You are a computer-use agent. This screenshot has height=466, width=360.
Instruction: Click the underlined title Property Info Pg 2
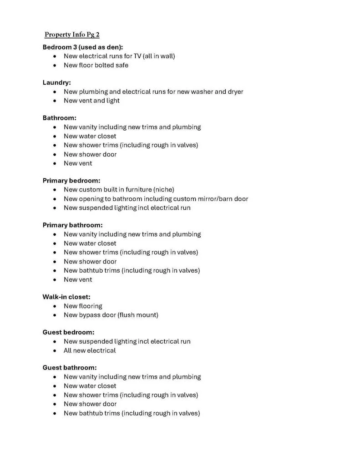click(72, 35)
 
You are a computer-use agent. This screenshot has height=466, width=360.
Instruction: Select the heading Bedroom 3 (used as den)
click(83, 47)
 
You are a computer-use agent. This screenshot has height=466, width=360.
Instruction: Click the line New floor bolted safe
click(96, 65)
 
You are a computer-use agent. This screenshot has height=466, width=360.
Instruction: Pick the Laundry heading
click(56, 82)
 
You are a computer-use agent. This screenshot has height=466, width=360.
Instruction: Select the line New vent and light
click(91, 101)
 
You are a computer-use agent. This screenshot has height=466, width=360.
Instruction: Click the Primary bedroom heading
click(71, 181)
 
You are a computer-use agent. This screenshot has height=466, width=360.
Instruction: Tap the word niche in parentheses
click(163, 190)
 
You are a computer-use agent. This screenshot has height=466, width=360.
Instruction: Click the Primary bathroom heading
click(72, 225)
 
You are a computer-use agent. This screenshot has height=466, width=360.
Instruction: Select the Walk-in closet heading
click(66, 297)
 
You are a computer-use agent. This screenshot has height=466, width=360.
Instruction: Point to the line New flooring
click(83, 306)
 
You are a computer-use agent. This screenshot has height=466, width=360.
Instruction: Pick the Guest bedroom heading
click(68, 332)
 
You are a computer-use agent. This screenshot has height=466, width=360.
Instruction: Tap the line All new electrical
click(90, 350)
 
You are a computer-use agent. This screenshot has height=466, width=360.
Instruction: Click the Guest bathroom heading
click(70, 368)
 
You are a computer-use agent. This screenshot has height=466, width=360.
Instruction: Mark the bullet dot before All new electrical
click(55, 351)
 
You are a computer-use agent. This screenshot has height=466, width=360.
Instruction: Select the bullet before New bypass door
click(55, 315)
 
